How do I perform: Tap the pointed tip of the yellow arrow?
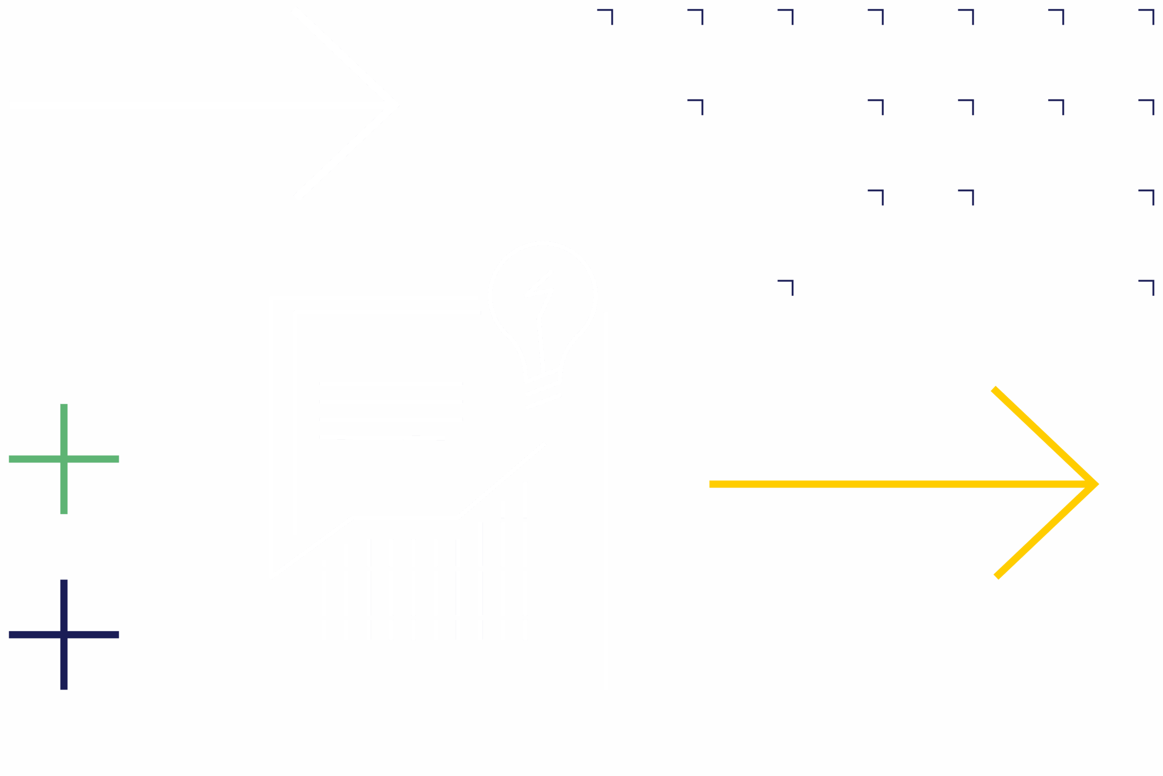[x=1097, y=484]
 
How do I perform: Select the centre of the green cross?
[x=64, y=459]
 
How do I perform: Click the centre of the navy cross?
[x=64, y=635]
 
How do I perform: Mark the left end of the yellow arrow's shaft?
[x=711, y=484]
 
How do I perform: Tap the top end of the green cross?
[x=64, y=405]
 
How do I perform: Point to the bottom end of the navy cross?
[x=64, y=688]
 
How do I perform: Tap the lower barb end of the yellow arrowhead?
[x=997, y=577]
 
